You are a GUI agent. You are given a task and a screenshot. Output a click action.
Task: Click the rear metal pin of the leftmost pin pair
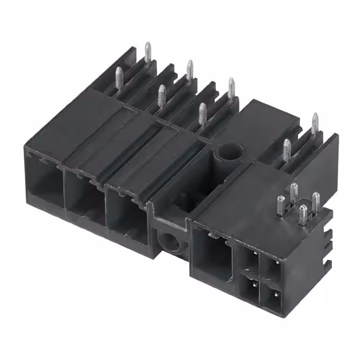[x=147, y=53]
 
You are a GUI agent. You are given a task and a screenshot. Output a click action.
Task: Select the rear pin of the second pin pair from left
[x=190, y=70]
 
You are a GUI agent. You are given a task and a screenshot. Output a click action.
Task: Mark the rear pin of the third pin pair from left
[x=231, y=88]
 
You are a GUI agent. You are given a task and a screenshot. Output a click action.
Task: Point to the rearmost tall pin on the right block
[x=314, y=124]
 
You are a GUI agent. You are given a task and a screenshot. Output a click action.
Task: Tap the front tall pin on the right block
[x=287, y=150]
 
